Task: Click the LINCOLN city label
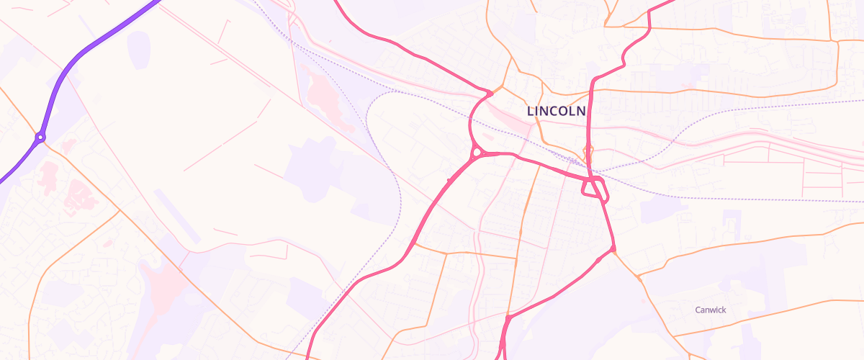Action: pyautogui.click(x=557, y=112)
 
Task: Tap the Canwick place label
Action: pyautogui.click(x=711, y=310)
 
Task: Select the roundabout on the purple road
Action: pyautogui.click(x=41, y=137)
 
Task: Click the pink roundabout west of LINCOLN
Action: pyautogui.click(x=477, y=153)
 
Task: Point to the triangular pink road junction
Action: pyautogui.click(x=595, y=189)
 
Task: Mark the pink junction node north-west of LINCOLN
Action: pyautogui.click(x=490, y=93)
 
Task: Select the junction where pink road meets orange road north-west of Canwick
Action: pyautogui.click(x=613, y=250)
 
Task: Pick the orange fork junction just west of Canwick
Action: pyautogui.click(x=638, y=276)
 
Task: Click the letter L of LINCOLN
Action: pyautogui.click(x=531, y=112)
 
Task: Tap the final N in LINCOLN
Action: pyautogui.click(x=581, y=112)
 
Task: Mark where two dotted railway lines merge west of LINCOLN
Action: pyautogui.click(x=392, y=92)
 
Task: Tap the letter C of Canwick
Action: pyautogui.click(x=698, y=310)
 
